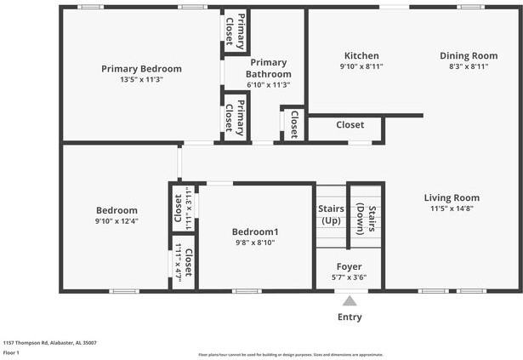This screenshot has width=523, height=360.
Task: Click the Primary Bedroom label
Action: point(141,69)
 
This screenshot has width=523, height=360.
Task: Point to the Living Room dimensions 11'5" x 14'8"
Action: point(452,209)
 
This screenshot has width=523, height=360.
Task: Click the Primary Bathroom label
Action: point(268,68)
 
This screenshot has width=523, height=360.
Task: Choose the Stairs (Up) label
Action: point(331,214)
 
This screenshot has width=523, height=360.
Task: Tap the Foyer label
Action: point(349,267)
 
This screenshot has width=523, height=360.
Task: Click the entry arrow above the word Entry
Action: point(349,300)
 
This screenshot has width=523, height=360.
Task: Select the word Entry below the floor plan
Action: point(349,317)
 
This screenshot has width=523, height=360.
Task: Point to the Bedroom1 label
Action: point(255,231)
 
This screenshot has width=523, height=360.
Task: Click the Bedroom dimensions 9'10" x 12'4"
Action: point(117,221)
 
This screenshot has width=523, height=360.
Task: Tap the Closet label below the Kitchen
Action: point(350,125)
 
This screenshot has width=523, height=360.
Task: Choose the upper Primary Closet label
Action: point(235,30)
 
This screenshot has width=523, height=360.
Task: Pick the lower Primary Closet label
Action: point(235,117)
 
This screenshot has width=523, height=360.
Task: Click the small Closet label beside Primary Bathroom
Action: point(294,124)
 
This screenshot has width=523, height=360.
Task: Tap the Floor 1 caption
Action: point(11,351)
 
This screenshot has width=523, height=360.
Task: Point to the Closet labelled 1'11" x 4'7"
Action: point(184,264)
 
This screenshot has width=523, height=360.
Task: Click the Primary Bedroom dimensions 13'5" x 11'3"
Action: point(141,79)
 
